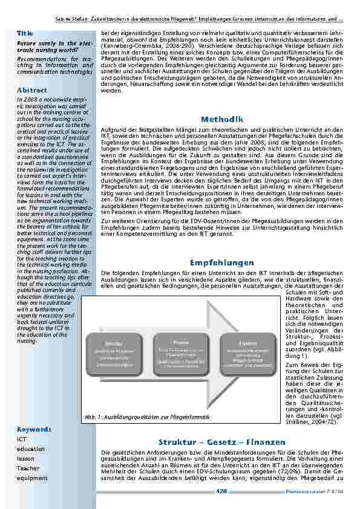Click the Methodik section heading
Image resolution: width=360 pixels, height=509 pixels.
coord(222,119)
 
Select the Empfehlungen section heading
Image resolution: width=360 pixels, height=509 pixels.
coord(222,263)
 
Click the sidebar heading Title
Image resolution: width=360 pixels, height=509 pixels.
coord(25,33)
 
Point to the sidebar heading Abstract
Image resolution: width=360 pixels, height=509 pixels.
coord(32,89)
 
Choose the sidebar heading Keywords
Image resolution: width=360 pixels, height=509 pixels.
coord(34,429)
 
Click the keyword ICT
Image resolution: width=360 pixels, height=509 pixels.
coord(22,439)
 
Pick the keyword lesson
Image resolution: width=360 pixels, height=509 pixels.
coord(26,458)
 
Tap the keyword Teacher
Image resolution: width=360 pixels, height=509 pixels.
coord(28,468)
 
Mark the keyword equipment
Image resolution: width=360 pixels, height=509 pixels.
coord(31,478)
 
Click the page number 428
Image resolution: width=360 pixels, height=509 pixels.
coord(221,491)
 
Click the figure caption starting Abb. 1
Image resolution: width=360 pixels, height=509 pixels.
coord(148,400)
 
